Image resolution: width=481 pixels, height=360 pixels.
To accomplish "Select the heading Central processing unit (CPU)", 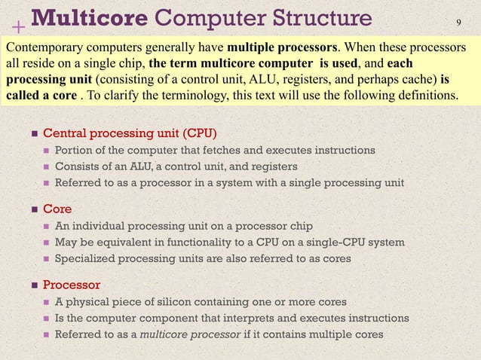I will point(130,134).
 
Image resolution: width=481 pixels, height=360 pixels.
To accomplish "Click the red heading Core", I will point(57,209).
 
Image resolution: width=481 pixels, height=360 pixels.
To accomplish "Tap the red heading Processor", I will point(72,284).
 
